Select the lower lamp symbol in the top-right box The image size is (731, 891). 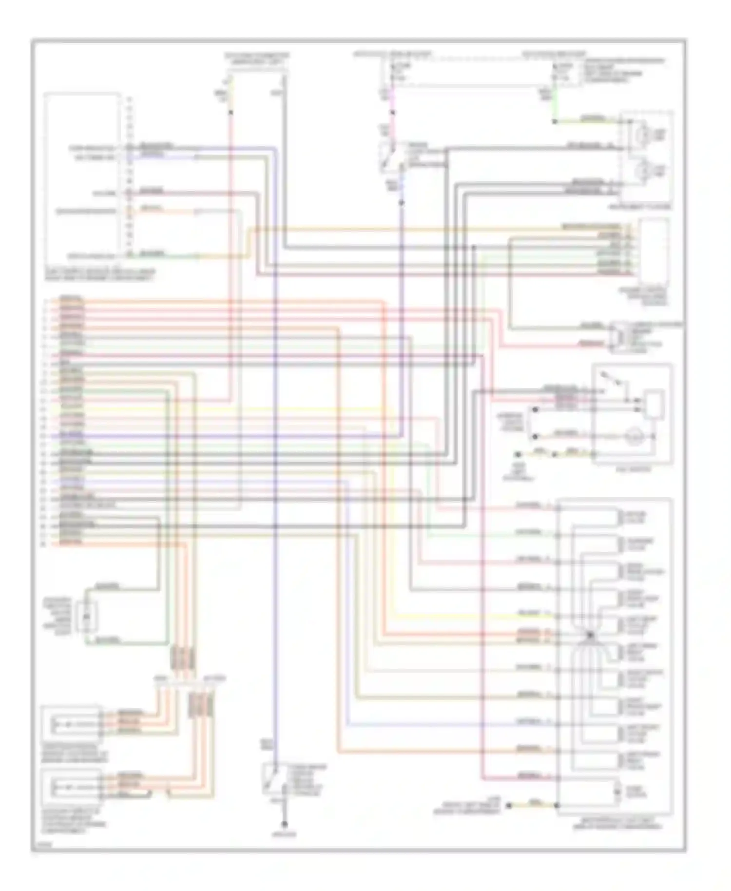[645, 171]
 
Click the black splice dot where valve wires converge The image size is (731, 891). [590, 635]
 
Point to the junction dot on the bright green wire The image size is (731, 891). [554, 121]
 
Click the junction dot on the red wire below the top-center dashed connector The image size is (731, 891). [231, 113]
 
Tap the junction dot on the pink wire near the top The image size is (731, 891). [393, 113]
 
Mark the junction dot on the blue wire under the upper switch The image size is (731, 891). [402, 202]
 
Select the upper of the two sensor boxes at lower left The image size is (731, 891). [72, 724]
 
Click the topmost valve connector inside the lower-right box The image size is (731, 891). [619, 518]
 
